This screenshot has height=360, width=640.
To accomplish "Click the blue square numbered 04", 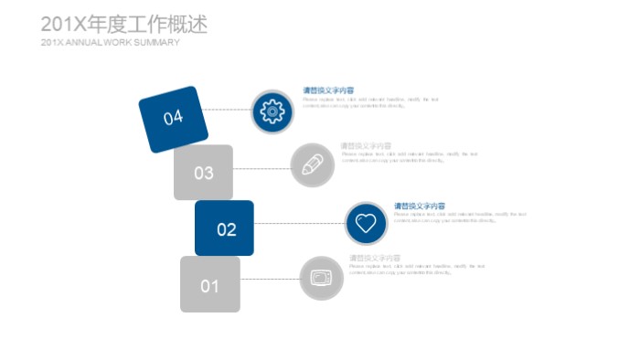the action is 174,118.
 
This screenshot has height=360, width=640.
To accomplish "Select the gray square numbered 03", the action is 203,173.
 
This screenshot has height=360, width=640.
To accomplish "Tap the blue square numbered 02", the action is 225,228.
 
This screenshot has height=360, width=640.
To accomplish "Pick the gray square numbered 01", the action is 209,285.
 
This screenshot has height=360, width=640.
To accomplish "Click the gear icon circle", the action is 272,111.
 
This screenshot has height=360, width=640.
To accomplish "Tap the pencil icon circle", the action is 312,165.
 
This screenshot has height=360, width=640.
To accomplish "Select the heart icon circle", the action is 366,223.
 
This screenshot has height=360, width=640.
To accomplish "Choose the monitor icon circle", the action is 321,278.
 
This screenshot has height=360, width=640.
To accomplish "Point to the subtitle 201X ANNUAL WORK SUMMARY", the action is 110,43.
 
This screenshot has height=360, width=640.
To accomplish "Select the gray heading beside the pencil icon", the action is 366,145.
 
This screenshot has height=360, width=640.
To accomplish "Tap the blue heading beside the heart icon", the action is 420,206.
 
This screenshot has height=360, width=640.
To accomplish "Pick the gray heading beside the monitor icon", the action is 375,259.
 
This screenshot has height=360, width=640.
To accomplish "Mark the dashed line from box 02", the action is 298,222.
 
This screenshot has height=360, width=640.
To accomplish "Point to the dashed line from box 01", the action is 269,279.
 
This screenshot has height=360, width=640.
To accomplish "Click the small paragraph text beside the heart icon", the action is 460,217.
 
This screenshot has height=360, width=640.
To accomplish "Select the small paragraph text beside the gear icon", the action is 370,102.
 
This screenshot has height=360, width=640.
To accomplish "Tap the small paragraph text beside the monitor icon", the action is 416,270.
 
